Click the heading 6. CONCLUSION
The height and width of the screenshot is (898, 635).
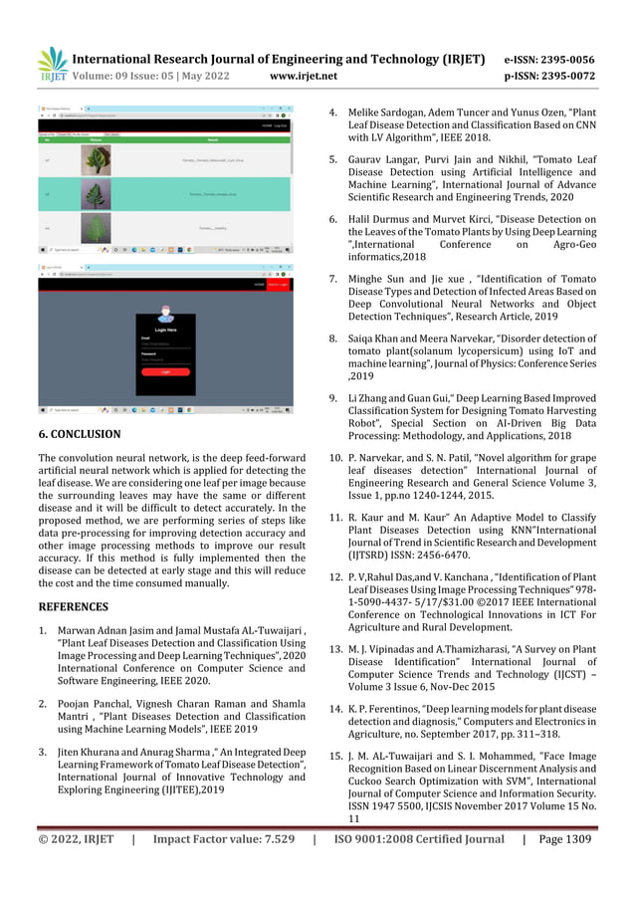point(80,434)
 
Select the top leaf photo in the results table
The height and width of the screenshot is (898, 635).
point(101,161)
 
